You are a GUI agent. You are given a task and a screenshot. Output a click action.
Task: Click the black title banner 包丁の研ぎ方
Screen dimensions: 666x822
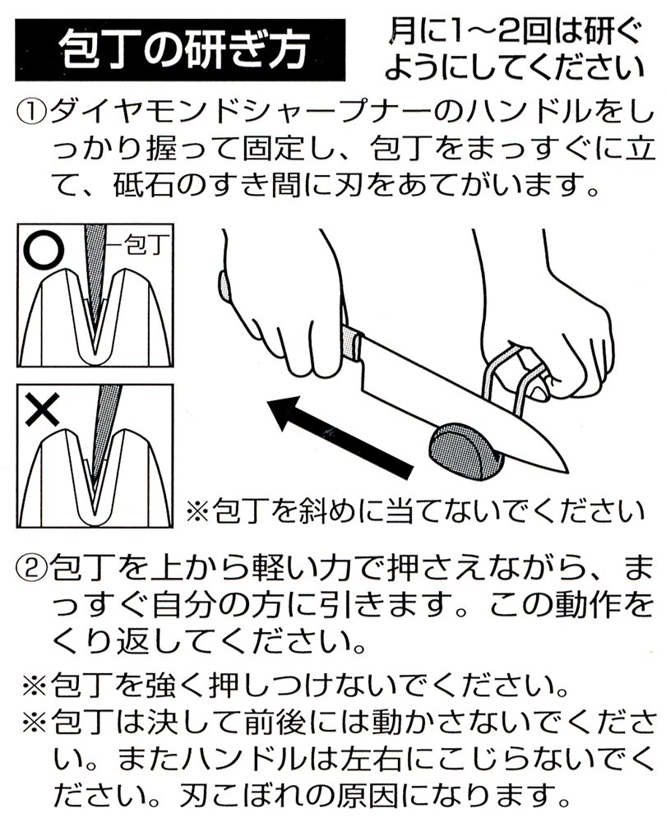[180, 50]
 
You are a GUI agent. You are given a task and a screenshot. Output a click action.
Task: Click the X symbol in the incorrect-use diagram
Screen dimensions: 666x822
[43, 409]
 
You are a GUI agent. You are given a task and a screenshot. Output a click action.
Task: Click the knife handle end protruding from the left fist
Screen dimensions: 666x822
[224, 286]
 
